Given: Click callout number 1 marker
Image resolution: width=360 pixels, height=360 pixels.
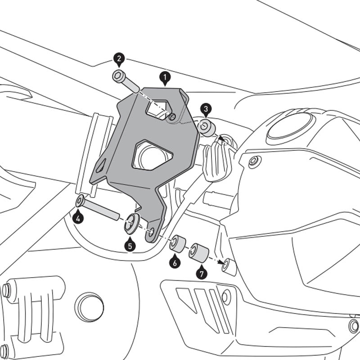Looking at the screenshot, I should (x=165, y=78).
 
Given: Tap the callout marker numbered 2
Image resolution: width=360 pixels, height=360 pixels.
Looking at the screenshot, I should (x=119, y=59).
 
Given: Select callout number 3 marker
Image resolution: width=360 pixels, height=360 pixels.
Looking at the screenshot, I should (x=205, y=109).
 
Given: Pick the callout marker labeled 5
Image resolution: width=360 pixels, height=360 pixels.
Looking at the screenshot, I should (x=130, y=245).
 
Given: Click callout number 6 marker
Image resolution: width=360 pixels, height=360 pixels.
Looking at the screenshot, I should (x=174, y=261).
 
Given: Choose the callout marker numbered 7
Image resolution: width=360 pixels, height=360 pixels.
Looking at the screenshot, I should (x=201, y=272).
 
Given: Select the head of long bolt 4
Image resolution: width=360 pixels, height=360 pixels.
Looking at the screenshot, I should (x=81, y=201).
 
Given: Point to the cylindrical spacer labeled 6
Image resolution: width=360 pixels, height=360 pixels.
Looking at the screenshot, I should (x=177, y=243).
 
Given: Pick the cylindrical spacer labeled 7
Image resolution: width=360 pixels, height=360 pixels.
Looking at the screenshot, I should (x=198, y=252).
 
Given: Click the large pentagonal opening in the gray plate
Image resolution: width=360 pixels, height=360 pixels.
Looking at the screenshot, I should (x=152, y=155).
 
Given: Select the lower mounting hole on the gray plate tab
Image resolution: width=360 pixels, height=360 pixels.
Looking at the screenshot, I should (x=152, y=231).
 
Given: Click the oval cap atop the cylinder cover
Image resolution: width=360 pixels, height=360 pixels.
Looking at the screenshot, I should (x=290, y=125).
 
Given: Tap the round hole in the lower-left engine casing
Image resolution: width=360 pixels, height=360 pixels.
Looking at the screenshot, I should (x=89, y=307).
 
